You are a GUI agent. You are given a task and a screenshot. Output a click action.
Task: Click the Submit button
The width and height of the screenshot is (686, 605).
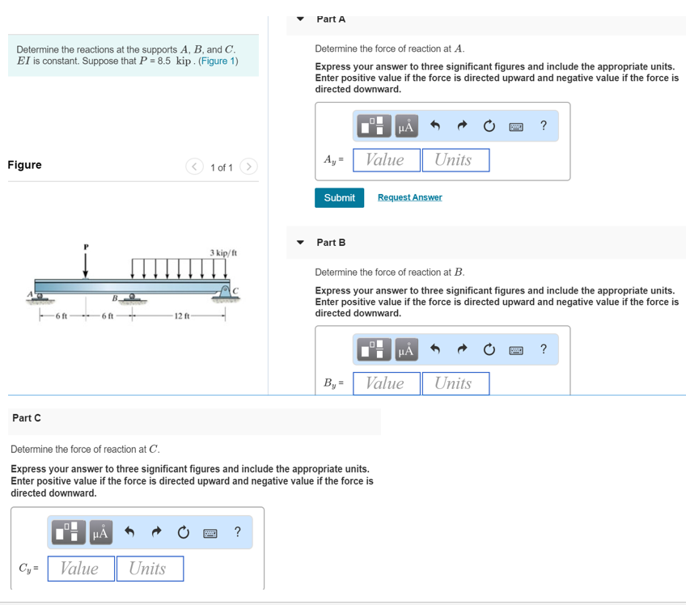339,197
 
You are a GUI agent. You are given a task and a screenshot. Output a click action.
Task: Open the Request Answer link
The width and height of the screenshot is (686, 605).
409,197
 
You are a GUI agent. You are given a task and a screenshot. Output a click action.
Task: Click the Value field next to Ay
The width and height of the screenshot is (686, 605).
386,160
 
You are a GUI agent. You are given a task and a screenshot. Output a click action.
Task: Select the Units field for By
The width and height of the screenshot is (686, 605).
455,383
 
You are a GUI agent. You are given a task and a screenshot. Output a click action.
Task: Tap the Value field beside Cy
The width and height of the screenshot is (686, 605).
80,569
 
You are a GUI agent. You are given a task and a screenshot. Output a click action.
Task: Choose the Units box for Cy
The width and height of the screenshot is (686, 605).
149,569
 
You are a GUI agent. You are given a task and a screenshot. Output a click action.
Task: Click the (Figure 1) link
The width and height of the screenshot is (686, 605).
218,61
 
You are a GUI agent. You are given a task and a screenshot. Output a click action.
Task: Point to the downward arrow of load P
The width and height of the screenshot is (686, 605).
85,264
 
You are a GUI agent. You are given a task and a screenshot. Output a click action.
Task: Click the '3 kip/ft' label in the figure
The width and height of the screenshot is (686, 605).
223,253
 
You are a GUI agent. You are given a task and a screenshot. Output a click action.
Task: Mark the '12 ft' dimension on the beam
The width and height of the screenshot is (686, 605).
180,315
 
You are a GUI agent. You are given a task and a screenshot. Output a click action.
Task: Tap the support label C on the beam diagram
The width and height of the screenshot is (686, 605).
236,290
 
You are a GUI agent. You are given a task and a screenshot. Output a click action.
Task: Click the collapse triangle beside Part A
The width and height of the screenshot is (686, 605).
301,19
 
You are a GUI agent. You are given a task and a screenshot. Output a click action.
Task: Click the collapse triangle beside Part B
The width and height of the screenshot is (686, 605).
301,243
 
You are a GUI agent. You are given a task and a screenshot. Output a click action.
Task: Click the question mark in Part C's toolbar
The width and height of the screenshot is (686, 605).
237,531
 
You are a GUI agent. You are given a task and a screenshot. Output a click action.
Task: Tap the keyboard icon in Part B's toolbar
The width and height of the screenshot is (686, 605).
515,349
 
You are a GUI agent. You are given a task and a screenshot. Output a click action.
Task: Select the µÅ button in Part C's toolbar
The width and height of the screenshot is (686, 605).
101,532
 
